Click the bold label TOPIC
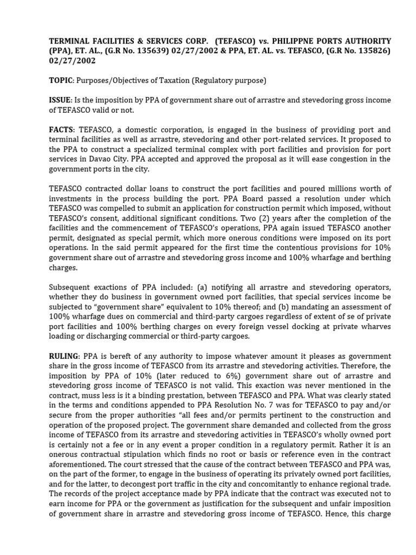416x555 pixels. (x=61, y=81)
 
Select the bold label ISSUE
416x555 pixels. (x=61, y=101)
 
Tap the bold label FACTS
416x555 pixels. (x=62, y=130)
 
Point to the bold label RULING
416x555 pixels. (x=64, y=356)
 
